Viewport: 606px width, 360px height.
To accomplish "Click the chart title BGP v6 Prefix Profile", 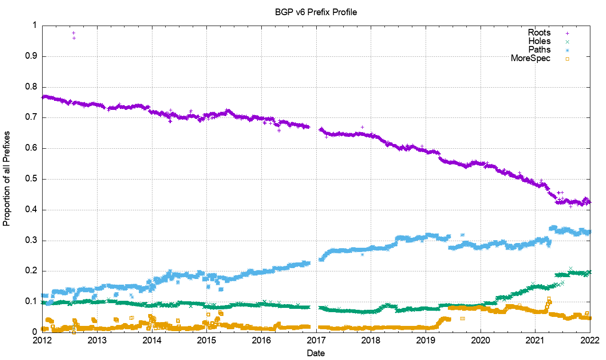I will [x=316, y=12].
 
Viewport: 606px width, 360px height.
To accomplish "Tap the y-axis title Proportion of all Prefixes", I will [x=7, y=179].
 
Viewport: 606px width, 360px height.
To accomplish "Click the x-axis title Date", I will [x=316, y=353].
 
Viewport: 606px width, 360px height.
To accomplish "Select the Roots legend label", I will [x=539, y=33].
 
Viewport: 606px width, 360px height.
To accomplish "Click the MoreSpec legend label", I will [x=531, y=58].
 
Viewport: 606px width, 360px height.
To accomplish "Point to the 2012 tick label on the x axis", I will [x=42, y=340].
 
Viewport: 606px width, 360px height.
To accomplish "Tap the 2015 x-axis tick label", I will [x=206, y=340].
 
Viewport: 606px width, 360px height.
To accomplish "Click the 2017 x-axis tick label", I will [x=316, y=340].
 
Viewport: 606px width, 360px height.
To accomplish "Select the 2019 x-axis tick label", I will [x=426, y=340].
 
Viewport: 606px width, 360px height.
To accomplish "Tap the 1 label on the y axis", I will [x=35, y=26].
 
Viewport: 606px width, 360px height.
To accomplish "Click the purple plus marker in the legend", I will [x=567, y=33].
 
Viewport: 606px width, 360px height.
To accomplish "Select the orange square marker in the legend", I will [x=567, y=59].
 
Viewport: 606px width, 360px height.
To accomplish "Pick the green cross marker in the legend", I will [x=567, y=42].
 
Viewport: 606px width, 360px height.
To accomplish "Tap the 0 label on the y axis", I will [x=35, y=332].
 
